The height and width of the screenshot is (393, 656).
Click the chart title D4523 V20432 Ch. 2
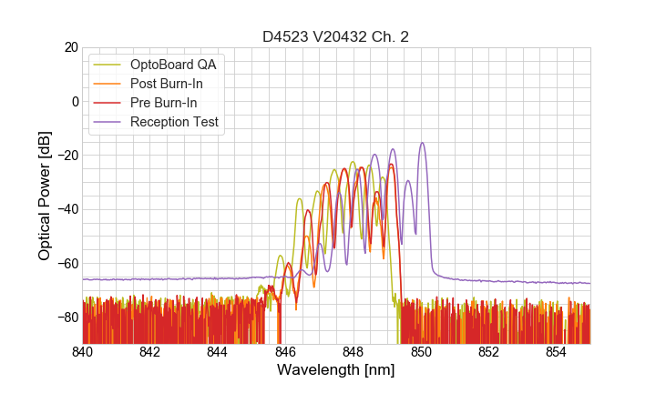336,37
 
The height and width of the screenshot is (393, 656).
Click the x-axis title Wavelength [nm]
336,371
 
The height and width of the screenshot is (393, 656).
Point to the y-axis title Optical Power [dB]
45,196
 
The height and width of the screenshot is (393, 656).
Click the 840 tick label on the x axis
83,352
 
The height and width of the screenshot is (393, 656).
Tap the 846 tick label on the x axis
285,352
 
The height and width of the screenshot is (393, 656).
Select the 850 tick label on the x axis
421,352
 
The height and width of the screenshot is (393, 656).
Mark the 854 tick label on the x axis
556,352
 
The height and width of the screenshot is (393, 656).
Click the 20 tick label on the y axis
70,47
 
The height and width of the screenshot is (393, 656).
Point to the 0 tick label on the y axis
74,101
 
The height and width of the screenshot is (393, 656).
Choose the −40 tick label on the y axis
67,209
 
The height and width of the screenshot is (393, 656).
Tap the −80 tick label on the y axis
67,317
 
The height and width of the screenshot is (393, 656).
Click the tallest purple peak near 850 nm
422,144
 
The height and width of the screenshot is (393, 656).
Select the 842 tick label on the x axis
150,352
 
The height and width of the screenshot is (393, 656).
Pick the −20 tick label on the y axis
67,155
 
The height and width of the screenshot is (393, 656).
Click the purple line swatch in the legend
108,122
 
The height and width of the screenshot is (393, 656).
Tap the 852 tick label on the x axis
488,352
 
